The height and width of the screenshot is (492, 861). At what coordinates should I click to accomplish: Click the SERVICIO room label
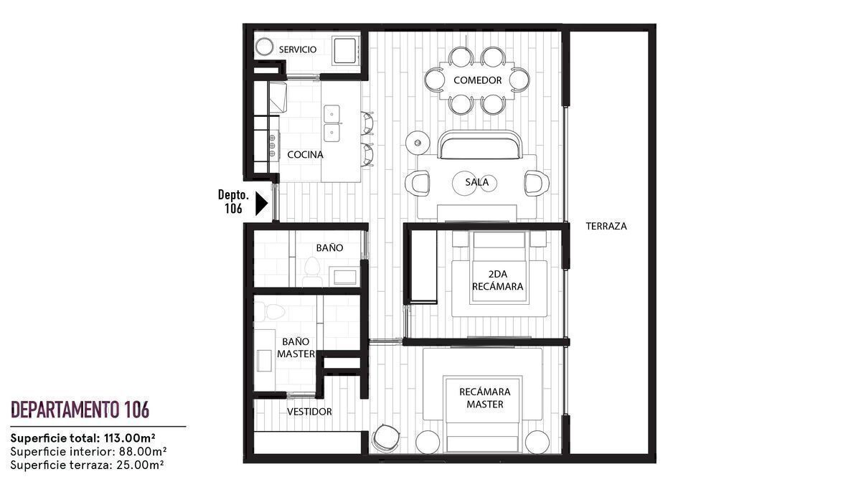tap(298, 49)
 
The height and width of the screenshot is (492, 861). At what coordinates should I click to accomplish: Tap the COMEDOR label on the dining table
tap(477, 80)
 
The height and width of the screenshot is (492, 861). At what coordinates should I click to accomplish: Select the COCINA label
tap(305, 155)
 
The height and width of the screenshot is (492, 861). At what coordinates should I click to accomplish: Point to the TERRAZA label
tap(606, 226)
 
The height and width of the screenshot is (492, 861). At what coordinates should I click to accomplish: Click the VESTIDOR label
tap(309, 412)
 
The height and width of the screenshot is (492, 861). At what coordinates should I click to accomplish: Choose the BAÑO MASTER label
tap(296, 348)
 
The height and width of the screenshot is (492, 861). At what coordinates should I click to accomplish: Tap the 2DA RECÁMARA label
tap(498, 280)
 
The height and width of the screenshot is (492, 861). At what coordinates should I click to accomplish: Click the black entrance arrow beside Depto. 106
tap(262, 204)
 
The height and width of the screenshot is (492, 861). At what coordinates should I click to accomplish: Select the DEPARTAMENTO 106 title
tap(80, 410)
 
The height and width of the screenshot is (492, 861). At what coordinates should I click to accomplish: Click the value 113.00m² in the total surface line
tap(130, 438)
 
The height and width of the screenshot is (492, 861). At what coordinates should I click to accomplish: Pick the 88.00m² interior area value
tap(143, 452)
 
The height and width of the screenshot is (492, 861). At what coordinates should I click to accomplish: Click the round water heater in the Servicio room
tap(265, 47)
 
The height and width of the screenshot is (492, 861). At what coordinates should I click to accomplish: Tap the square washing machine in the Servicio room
tap(346, 50)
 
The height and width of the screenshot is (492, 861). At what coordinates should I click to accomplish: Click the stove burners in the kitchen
tap(272, 146)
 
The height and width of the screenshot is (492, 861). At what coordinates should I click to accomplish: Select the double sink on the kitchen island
tap(331, 123)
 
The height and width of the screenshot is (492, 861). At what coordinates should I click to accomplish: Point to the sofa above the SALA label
tap(480, 145)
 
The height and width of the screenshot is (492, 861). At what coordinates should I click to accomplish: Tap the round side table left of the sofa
tap(418, 143)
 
